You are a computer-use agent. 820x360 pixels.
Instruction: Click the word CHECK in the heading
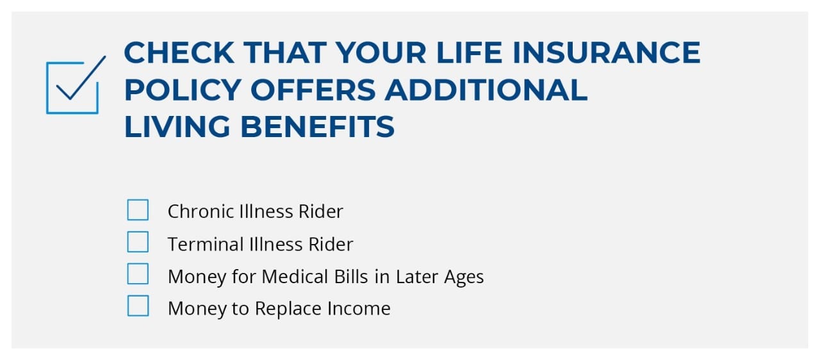tap(179, 53)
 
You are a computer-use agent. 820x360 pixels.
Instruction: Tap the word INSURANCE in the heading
tap(607, 53)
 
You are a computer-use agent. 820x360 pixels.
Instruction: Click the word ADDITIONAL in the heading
tap(486, 90)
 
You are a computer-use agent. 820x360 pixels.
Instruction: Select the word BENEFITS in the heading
tap(317, 127)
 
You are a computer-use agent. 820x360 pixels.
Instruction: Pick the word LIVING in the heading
tap(177, 127)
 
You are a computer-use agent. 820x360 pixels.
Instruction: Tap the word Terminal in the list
tap(206, 244)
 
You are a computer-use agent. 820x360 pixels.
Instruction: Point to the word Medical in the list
tap(295, 276)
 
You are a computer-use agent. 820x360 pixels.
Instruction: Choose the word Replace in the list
tap(288, 308)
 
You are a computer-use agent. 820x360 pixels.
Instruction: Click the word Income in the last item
tap(359, 308)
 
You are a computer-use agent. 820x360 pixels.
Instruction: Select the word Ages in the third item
tap(464, 277)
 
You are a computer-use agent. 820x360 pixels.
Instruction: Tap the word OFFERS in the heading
tap(313, 90)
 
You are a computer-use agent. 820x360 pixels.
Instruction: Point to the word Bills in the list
tap(351, 276)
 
